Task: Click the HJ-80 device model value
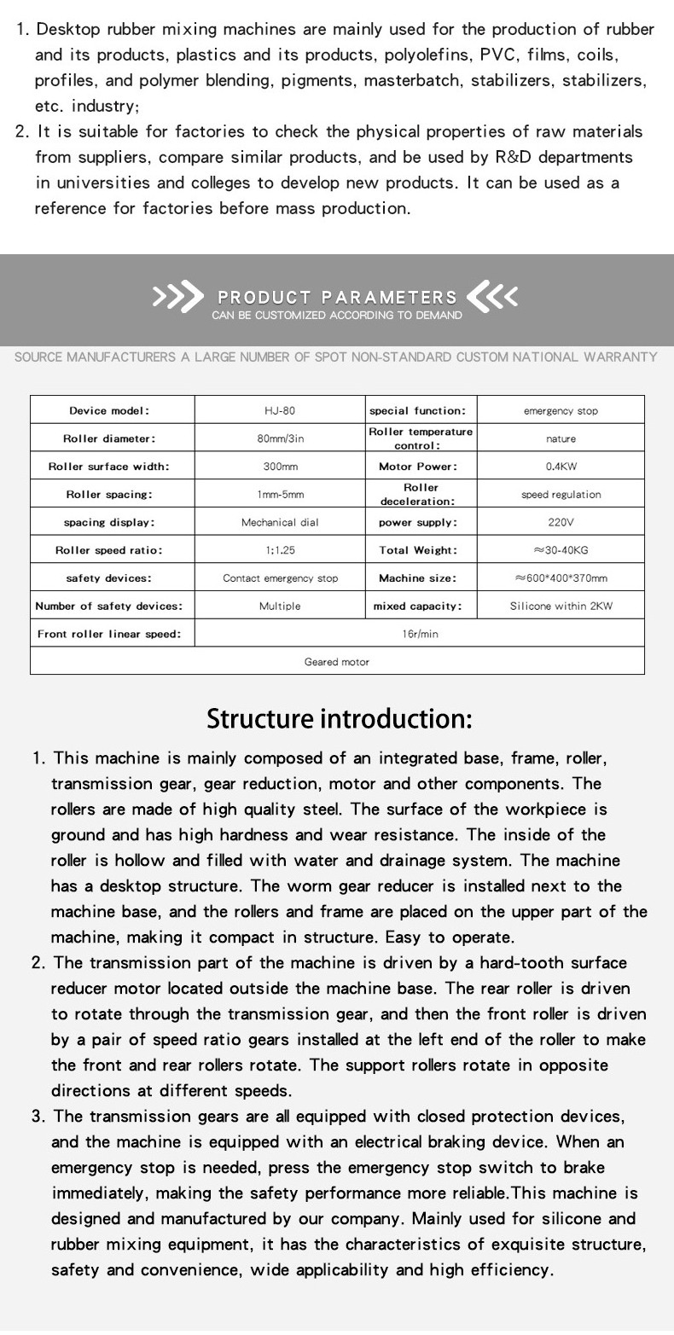click(280, 410)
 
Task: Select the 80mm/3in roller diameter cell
click(280, 438)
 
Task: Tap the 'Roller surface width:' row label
click(109, 467)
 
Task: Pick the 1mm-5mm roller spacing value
click(280, 495)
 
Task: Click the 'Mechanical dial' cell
click(280, 522)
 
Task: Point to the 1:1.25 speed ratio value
click(280, 550)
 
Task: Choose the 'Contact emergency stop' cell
click(280, 578)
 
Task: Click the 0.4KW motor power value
click(561, 467)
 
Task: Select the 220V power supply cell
click(561, 522)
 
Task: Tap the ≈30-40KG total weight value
click(561, 550)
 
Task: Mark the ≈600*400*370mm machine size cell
click(561, 578)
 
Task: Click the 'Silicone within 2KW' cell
click(561, 607)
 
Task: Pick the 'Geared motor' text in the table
click(337, 662)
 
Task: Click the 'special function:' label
click(417, 410)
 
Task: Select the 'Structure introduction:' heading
click(339, 718)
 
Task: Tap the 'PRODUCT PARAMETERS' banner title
click(337, 298)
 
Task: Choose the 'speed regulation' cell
click(561, 495)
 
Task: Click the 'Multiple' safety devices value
click(280, 607)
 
